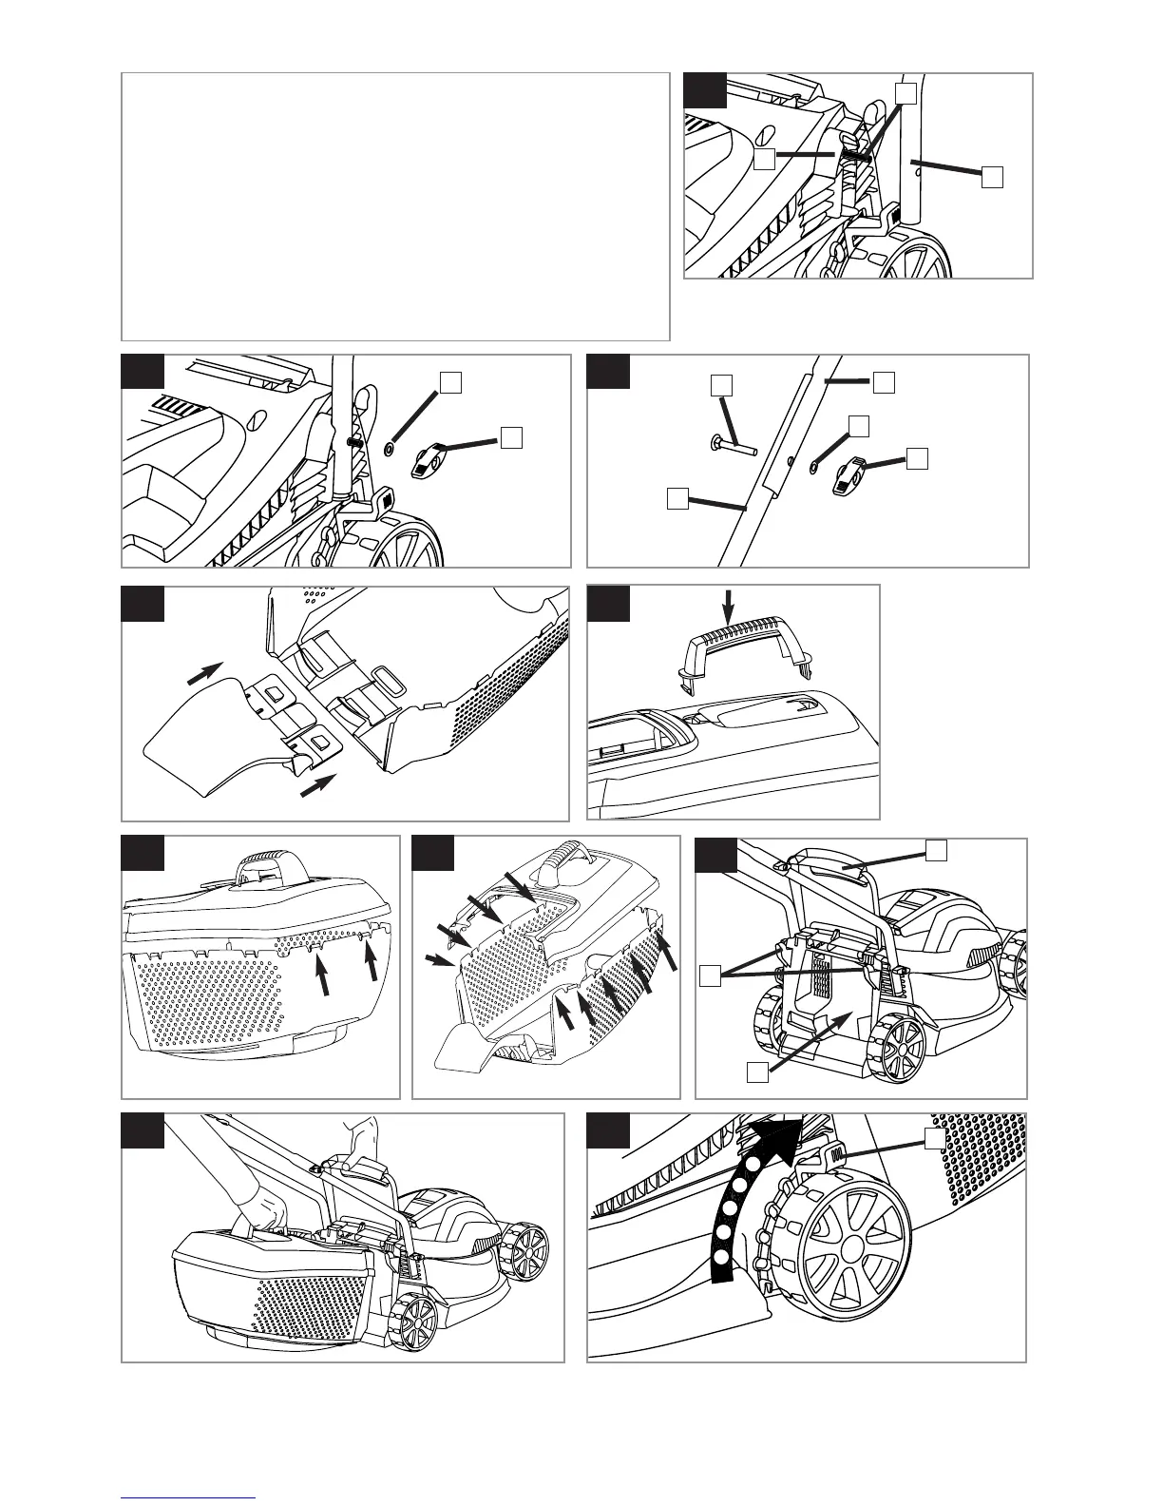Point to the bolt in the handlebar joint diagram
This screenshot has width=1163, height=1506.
[732, 443]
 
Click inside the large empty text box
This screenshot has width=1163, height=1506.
[394, 205]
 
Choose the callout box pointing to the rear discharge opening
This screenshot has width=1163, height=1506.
[756, 1072]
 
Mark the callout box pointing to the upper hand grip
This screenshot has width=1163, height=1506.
[937, 850]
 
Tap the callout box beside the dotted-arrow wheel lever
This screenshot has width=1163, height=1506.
[937, 1138]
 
